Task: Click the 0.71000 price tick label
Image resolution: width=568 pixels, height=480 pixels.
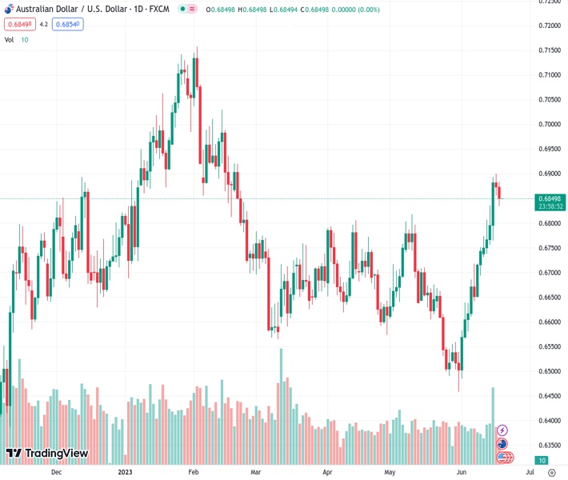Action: coord(548,74)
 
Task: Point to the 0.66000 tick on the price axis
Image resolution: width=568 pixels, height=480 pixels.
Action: coord(548,322)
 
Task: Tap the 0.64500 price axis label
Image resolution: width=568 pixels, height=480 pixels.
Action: coord(548,396)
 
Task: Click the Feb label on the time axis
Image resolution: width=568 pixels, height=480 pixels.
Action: coord(193,472)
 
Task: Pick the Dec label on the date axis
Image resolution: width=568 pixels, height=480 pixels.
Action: coord(56,472)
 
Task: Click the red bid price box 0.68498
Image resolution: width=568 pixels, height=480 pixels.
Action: coord(19,24)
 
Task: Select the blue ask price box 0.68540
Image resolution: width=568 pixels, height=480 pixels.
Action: coord(68,24)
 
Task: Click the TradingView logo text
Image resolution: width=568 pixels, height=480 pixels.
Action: coord(56,454)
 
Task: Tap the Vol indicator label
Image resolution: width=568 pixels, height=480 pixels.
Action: coord(10,39)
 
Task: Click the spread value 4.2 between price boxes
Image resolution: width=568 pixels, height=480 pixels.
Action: coord(44,24)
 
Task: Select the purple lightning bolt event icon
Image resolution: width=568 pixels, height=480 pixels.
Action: coord(502,430)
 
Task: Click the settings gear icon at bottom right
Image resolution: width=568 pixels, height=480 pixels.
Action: coord(552,472)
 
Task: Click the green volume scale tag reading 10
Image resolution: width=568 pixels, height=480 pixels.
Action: coord(542,461)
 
